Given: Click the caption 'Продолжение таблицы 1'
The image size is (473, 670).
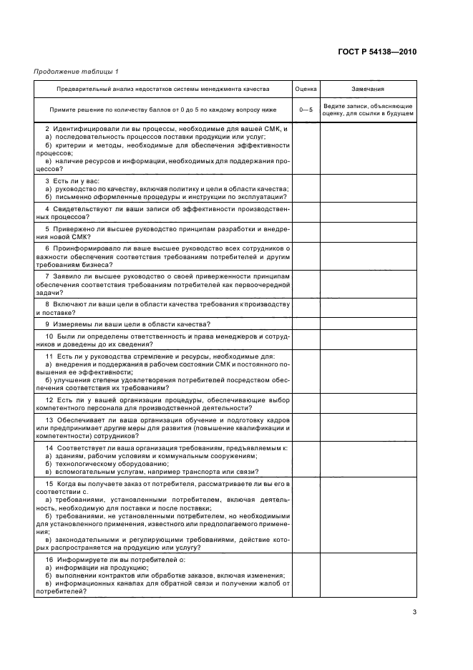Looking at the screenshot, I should coord(76,71).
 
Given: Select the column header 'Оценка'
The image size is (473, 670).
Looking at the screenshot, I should coord(306,89).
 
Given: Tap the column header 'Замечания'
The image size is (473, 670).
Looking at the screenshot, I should coord(367,89).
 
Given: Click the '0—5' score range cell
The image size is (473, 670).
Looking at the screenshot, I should coord(306,110).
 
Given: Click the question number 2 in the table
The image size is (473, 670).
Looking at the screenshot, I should coord(47,128).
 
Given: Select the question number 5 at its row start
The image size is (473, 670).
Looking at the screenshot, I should coord(47,228).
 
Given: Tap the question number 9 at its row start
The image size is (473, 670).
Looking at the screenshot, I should coord(47,324).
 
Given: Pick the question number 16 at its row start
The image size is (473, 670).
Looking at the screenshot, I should coord(49,558).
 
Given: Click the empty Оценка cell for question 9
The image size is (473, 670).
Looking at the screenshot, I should coord(306,324).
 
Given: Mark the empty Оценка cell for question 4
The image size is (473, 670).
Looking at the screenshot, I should coord(306,213).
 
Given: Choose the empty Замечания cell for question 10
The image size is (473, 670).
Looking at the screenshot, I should coord(367,340).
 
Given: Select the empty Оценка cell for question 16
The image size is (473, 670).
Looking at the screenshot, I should coord(306,575).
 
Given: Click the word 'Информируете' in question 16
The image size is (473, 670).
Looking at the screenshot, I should coord(79,558).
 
